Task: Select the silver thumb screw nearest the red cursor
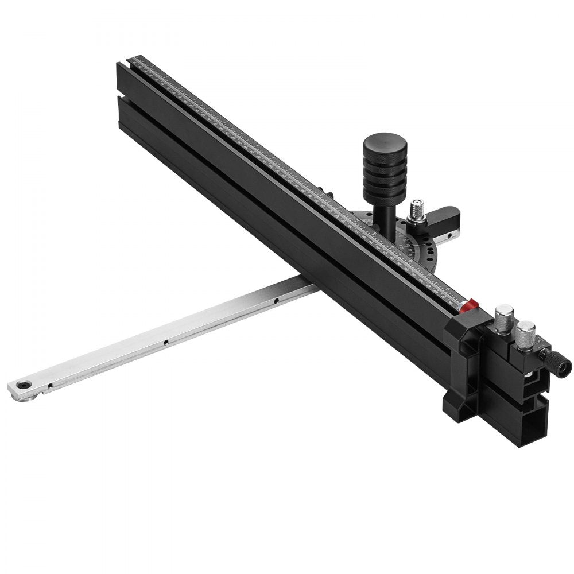(x=504, y=319)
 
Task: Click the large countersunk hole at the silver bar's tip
(x=24, y=385)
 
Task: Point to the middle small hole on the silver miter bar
(x=165, y=342)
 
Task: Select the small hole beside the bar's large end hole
(x=50, y=385)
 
